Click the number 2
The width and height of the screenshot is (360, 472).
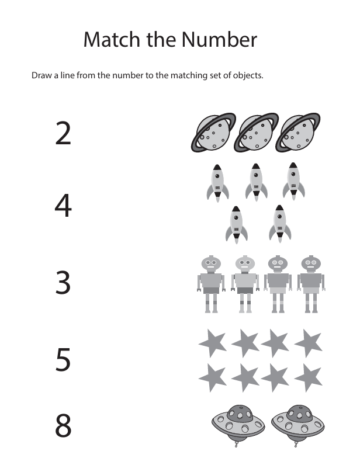point(63,133)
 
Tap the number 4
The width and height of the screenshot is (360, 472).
point(63,206)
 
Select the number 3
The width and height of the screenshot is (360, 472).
point(63,282)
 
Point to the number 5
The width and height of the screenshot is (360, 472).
point(63,359)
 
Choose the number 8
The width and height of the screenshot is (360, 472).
point(63,425)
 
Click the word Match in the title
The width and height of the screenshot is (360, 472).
point(112,40)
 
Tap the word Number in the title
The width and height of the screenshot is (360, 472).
point(219,40)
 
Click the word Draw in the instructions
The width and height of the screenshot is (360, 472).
point(41,75)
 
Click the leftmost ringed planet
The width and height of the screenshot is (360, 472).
point(213,133)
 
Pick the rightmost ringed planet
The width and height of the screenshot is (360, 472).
point(297,133)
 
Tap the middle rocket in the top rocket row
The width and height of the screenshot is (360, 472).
point(256,182)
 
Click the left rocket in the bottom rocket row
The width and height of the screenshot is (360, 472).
point(237,225)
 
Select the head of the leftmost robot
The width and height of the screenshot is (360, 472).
point(211,263)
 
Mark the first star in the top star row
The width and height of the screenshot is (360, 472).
point(213,343)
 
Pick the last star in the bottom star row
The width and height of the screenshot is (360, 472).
point(309,377)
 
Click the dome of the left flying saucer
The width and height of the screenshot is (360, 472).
point(240,414)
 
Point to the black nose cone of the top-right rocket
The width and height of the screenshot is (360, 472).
point(293,165)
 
